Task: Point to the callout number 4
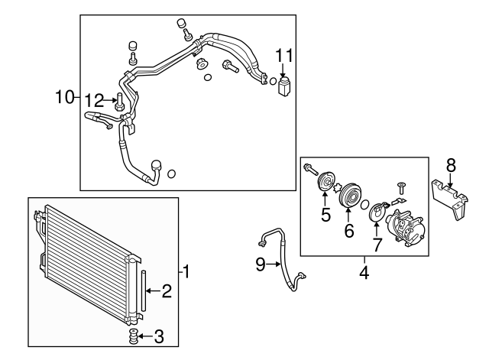(364, 271)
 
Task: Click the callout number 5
(325, 215)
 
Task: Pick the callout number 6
(349, 229)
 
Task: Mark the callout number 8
(451, 164)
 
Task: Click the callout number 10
(64, 97)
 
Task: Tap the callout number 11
(284, 55)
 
